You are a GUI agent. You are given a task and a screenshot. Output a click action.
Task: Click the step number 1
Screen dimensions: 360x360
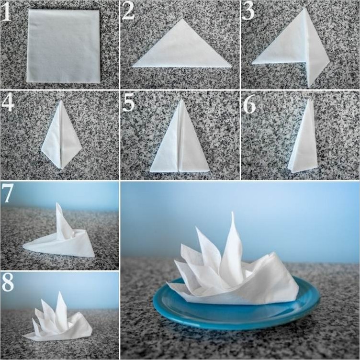point(6,12)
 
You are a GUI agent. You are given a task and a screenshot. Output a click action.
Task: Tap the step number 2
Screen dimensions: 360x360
point(128,11)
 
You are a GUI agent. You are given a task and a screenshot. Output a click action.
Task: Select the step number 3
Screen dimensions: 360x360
point(248,11)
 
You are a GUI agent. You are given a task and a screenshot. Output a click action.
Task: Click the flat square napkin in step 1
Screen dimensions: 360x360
point(63,46)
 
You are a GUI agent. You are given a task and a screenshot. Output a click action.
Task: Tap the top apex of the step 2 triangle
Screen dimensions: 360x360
point(182,19)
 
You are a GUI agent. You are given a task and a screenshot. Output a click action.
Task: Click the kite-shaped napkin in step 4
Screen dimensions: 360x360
point(62,135)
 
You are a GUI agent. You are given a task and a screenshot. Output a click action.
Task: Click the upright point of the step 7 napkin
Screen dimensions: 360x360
point(57,203)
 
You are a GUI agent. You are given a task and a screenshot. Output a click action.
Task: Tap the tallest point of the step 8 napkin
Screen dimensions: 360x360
point(60,292)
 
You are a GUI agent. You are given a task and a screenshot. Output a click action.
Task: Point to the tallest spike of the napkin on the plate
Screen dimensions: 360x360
point(232,213)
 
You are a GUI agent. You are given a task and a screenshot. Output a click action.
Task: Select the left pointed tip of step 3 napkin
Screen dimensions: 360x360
point(253,62)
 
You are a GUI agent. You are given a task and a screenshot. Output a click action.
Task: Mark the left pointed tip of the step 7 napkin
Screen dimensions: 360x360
point(23,246)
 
